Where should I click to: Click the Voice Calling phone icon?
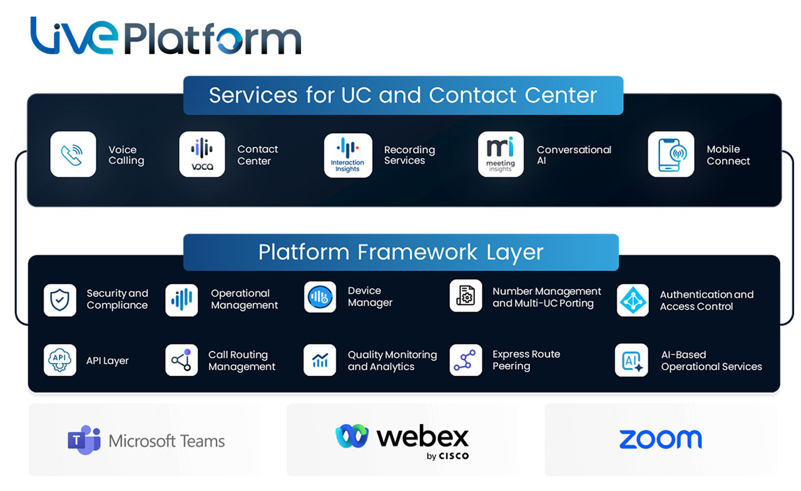coord(73,154)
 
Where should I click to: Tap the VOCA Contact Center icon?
coord(202,154)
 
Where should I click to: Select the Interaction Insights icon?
coord(348,155)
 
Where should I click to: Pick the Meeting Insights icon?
coord(501,154)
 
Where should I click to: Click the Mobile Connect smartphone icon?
coord(671,154)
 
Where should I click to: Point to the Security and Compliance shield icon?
coord(60,300)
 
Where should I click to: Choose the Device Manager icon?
coord(320,297)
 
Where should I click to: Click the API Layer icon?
coord(60,360)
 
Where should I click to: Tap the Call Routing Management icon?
coord(181,360)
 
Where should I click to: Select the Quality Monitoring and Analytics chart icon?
coord(320,360)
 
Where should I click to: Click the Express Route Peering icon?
coord(466,360)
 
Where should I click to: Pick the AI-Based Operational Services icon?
coord(631,360)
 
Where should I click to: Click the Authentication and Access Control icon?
coord(633,300)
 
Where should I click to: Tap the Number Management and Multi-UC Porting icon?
coord(466,296)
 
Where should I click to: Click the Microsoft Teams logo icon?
coord(84,440)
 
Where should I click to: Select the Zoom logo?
coord(660,439)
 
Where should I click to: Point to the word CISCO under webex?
coord(454,456)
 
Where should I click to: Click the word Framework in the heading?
coord(419,252)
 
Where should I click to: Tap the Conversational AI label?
coord(574,155)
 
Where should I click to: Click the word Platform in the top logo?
coord(213,39)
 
